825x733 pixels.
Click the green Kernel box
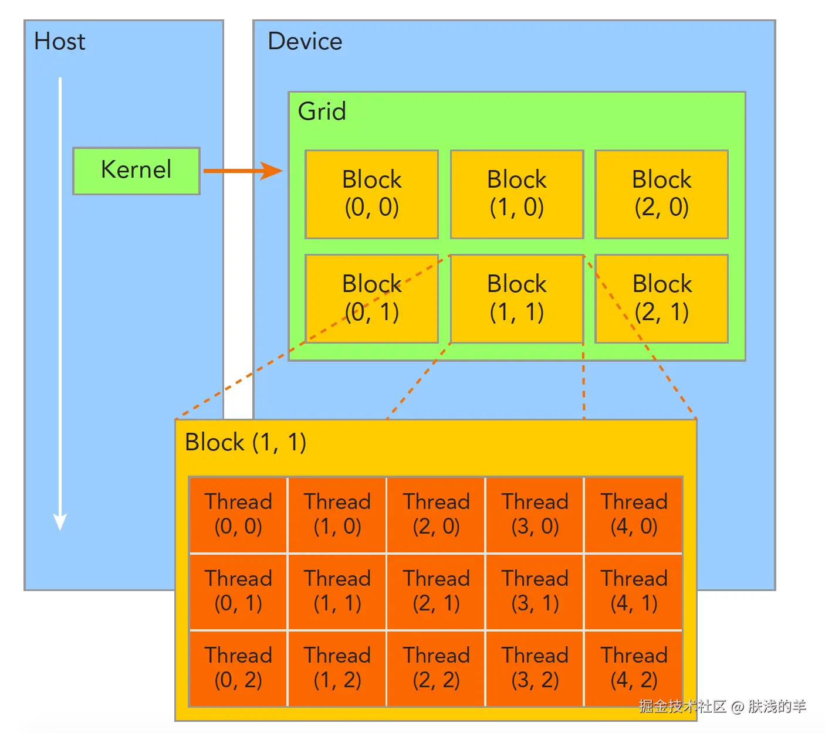(x=136, y=171)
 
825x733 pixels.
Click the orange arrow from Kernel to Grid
(x=242, y=171)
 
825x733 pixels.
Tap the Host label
(x=59, y=42)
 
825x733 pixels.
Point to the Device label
(x=305, y=42)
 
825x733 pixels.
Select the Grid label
(x=322, y=111)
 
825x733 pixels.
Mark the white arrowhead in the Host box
(x=60, y=521)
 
